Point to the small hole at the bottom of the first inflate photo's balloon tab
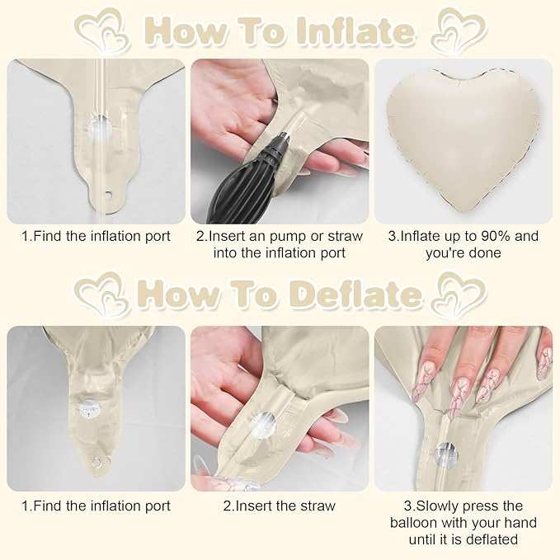pyautogui.click(x=108, y=195)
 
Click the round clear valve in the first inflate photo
pyautogui.click(x=100, y=126)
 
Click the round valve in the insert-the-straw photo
pyautogui.click(x=263, y=425)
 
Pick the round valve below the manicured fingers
pyautogui.click(x=446, y=454)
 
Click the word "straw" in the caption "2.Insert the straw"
pyautogui.click(x=318, y=506)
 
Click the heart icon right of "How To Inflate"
pyautogui.click(x=459, y=31)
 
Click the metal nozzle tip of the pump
pyautogui.click(x=284, y=136)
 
